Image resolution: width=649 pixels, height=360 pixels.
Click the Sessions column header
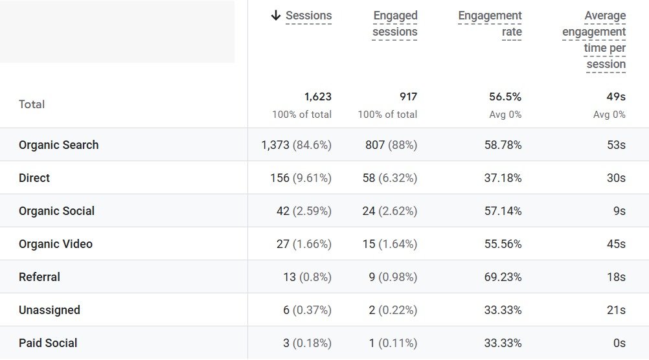point(308,16)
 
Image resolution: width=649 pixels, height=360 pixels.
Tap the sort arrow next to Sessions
point(276,16)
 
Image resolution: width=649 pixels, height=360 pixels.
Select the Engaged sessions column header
point(395,24)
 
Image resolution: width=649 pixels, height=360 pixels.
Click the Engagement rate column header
point(490,24)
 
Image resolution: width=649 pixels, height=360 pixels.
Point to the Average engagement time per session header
point(594,40)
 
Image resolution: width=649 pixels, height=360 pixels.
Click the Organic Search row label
point(59,145)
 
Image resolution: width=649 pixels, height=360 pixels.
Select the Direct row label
point(34,178)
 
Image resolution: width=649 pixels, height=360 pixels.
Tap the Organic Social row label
point(56,211)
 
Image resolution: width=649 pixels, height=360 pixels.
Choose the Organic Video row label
point(56,244)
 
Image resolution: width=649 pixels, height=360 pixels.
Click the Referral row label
point(40,277)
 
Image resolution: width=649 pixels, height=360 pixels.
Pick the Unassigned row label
point(49,310)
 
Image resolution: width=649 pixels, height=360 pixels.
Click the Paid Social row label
point(48,343)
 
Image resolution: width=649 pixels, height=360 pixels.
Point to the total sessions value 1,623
point(317,97)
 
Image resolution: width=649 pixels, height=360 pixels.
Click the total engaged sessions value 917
point(408,97)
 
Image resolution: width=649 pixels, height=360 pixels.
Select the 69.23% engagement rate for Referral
point(503,277)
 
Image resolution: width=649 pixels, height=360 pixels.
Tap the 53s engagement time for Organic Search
point(616,145)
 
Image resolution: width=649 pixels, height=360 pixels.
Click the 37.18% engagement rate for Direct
point(503,178)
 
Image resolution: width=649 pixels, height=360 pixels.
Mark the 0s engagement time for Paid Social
point(619,343)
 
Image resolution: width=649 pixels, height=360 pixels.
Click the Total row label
point(32,104)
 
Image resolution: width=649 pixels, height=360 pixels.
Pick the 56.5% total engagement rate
point(505,97)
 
